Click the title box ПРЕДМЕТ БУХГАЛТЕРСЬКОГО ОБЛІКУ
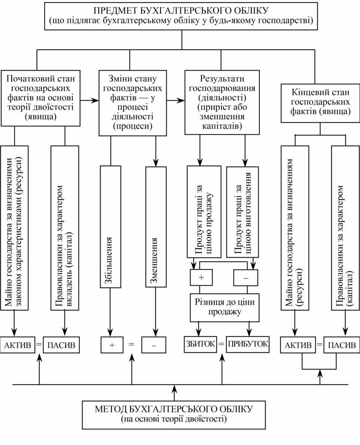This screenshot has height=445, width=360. coord(181,16)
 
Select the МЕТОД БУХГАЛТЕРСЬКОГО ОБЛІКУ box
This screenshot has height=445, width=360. coord(174,414)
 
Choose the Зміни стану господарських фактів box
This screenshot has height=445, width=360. coord(132,102)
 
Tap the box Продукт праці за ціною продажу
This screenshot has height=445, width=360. coord(203,212)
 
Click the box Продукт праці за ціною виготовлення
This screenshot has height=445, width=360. coord(242,212)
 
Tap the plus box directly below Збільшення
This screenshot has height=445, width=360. coord(112,345)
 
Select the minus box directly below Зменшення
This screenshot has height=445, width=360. coord(154,345)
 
